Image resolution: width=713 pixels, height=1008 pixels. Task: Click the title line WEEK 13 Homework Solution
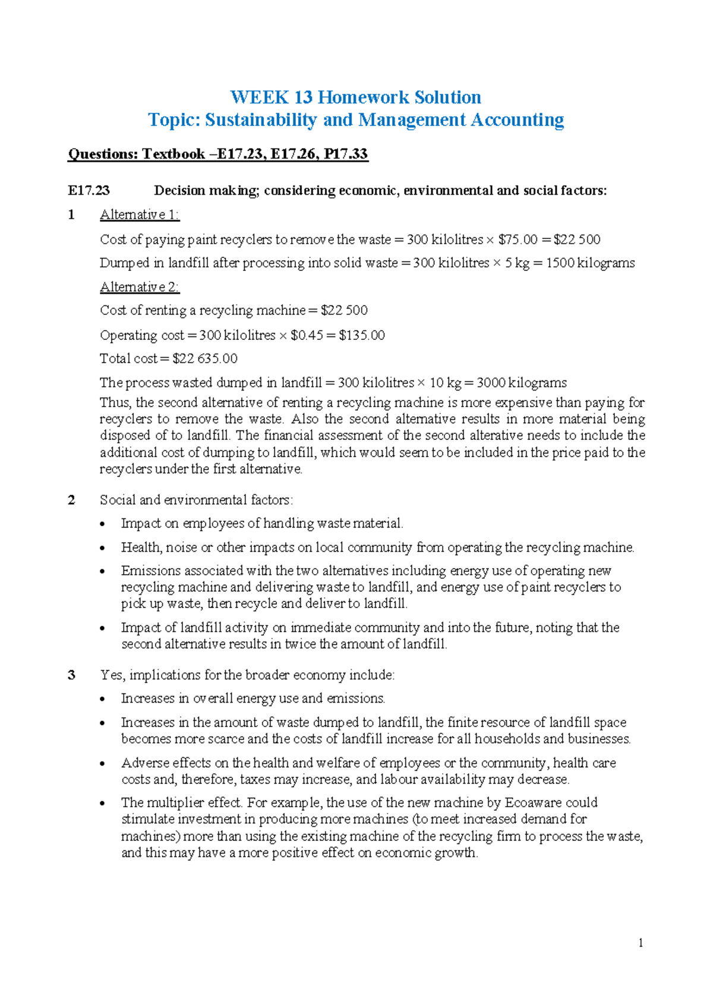click(x=355, y=97)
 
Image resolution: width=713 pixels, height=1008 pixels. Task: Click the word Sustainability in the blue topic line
click(x=260, y=120)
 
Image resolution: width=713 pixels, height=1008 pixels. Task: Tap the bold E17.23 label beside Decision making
click(x=89, y=191)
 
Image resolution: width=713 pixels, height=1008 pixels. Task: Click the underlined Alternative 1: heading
click(x=140, y=215)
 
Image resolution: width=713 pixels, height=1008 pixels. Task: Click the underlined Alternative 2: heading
click(x=140, y=287)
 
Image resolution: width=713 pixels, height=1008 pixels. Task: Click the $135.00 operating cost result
click(x=362, y=335)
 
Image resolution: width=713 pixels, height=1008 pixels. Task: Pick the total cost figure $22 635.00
click(x=205, y=358)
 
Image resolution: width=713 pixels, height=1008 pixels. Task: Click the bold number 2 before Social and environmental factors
click(x=72, y=500)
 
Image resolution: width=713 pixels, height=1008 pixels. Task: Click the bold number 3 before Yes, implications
click(x=72, y=675)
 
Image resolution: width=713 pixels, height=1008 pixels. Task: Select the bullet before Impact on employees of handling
click(x=103, y=524)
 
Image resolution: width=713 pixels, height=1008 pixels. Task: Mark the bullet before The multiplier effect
click(x=103, y=804)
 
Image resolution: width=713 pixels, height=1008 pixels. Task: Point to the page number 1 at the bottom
click(x=641, y=943)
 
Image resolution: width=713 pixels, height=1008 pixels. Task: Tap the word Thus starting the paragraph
click(x=115, y=402)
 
